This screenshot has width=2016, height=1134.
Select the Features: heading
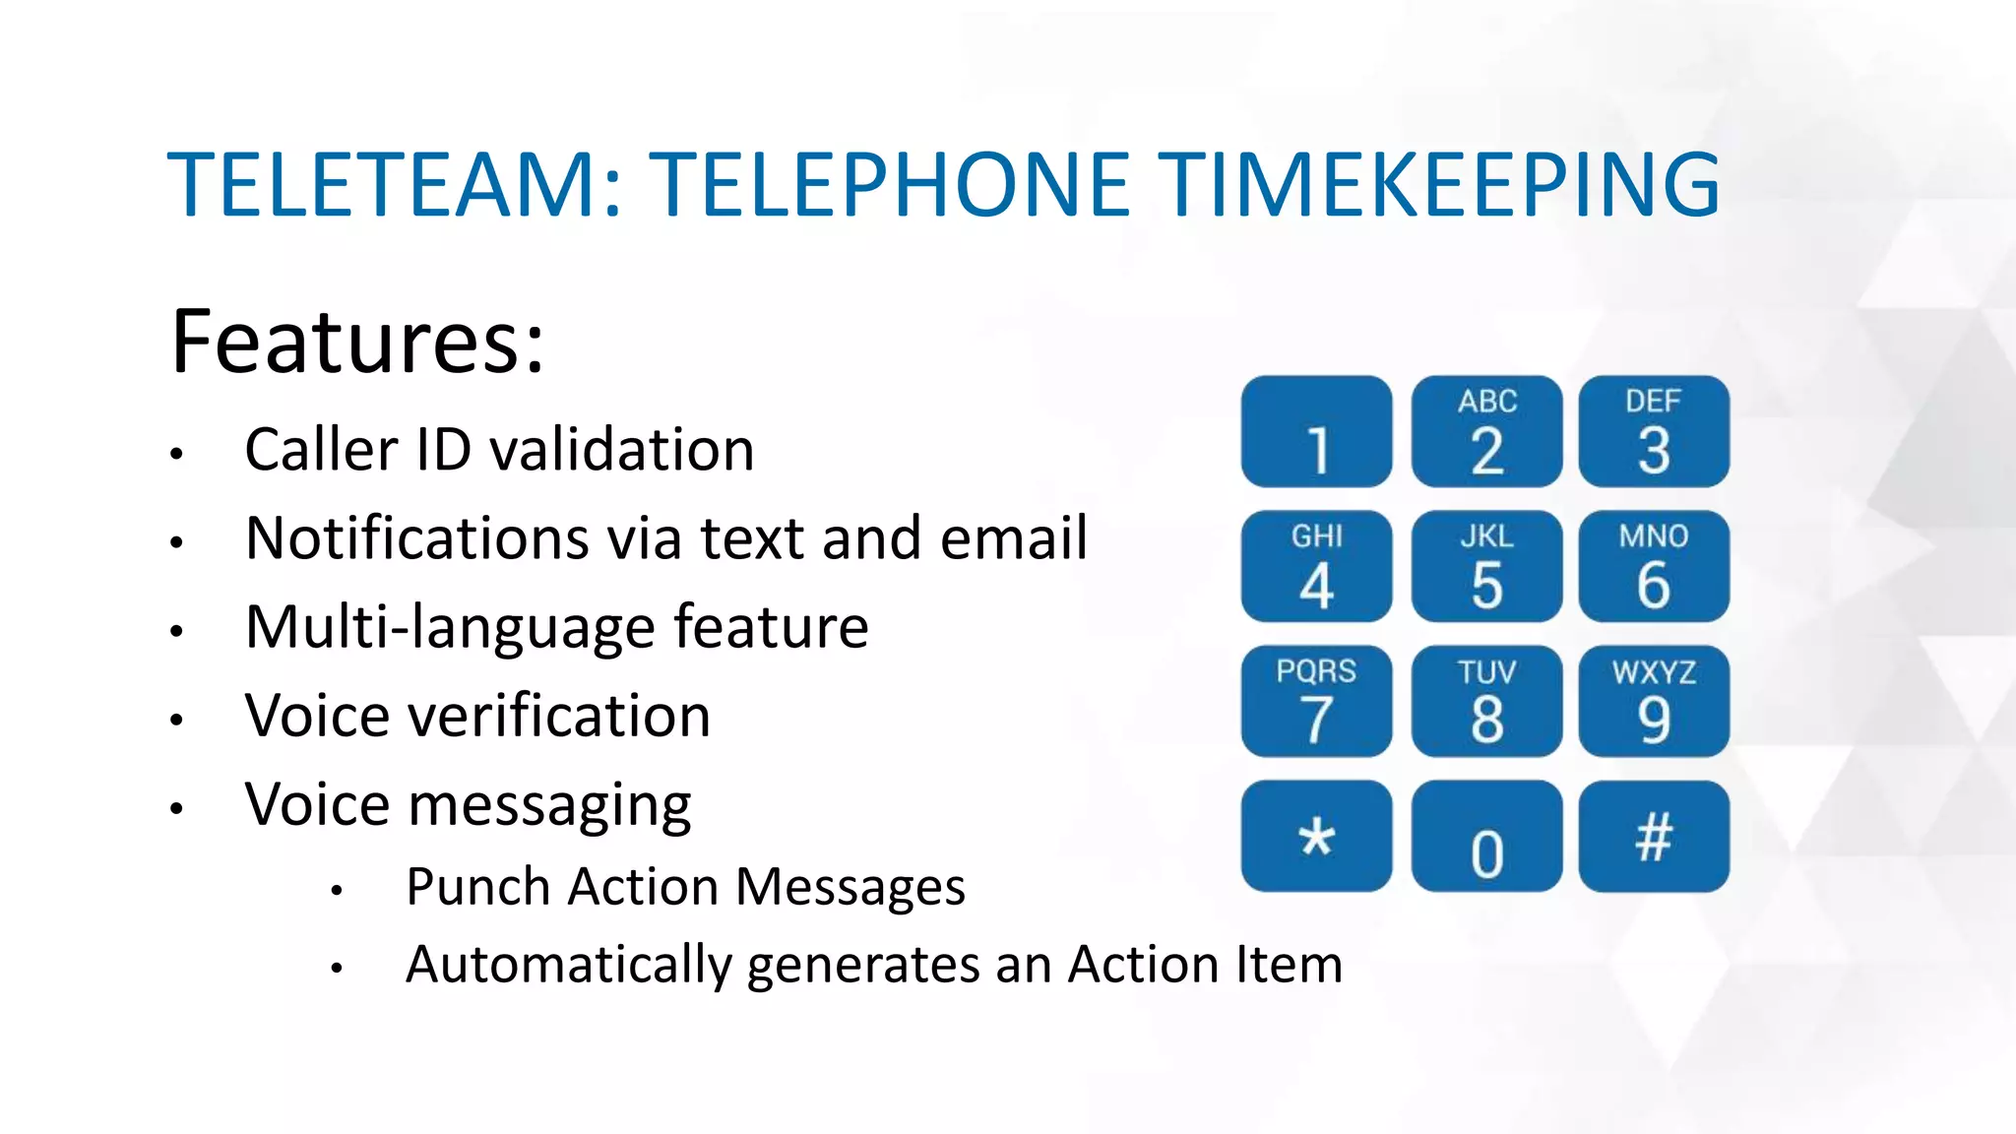357,342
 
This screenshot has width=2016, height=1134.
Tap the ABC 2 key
1486,431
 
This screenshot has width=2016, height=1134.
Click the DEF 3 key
1654,431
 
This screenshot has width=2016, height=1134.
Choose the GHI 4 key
1316,566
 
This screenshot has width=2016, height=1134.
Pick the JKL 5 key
1486,566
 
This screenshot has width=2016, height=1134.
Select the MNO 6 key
1654,566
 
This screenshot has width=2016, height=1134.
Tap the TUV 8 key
1486,701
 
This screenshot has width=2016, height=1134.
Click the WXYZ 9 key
1654,701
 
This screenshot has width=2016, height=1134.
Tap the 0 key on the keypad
1486,837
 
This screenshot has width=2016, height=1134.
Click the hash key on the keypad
1654,837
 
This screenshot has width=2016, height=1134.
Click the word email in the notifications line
1013,538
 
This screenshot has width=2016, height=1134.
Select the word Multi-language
450,628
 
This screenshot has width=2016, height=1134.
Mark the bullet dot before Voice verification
176,720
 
